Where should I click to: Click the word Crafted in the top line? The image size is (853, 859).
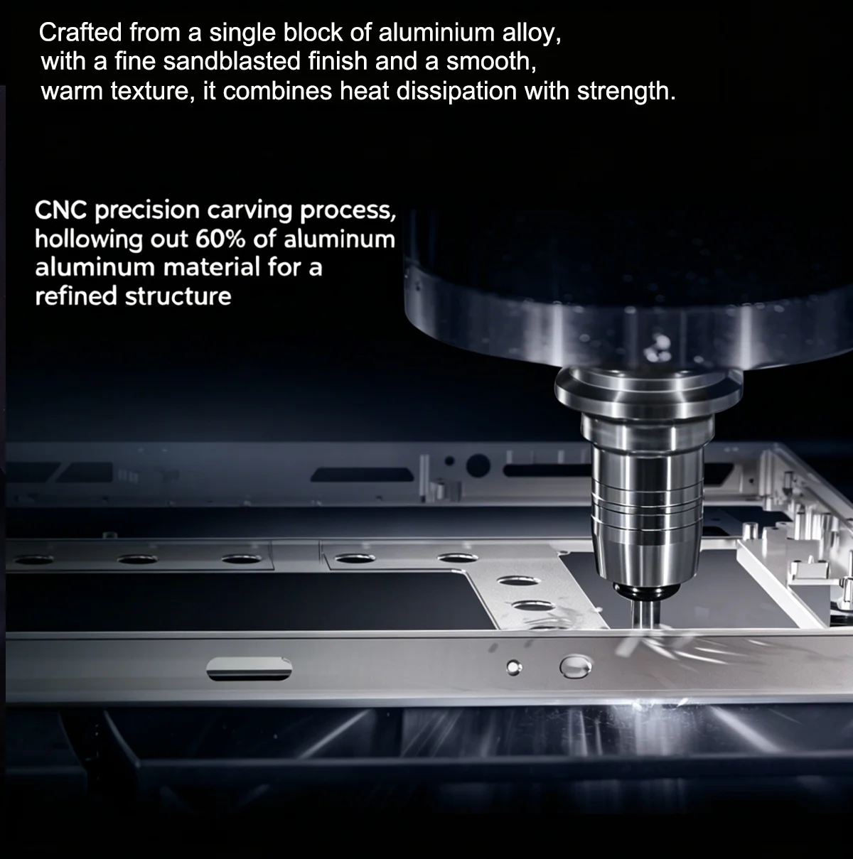coord(80,33)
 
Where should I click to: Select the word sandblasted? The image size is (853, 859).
coord(232,61)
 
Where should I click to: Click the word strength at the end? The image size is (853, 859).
coord(626,92)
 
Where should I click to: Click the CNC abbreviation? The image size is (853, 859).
coord(60,210)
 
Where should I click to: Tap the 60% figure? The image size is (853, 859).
coord(220,239)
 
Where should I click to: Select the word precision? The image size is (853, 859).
coord(147,211)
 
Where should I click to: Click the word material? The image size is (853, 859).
coord(211,267)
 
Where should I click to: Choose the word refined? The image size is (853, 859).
coord(76,296)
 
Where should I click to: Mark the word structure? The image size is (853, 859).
coord(178,297)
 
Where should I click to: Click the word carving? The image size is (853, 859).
coord(250,211)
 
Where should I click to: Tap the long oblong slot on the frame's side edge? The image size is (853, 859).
coord(249,669)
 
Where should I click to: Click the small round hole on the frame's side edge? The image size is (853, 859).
coord(514,667)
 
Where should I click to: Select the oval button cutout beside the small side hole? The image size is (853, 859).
coord(576,667)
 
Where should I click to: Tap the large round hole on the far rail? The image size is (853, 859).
coord(478,466)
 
